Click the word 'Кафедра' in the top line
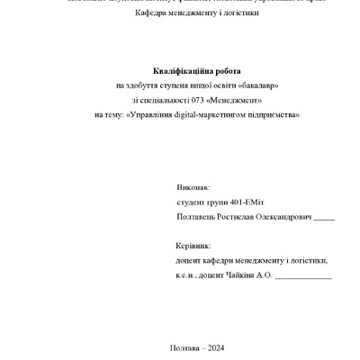click(155, 14)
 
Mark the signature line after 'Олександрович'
click(325, 221)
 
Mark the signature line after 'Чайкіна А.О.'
click(303, 277)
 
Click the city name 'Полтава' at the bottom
click(184, 347)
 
